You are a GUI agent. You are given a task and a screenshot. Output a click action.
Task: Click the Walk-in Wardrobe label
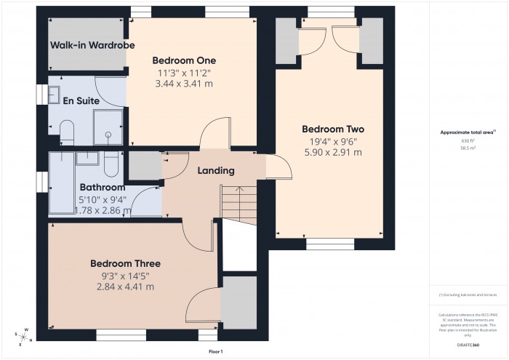[x=82, y=45]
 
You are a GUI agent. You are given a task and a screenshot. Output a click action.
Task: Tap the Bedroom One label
[x=184, y=60]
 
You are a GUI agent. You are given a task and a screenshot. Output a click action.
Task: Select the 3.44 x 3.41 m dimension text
[x=184, y=84]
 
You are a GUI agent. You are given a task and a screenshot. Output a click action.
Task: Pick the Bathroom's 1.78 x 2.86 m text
[x=103, y=211]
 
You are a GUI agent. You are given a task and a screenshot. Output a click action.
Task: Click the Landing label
[x=216, y=171]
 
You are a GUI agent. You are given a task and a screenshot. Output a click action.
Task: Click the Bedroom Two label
[x=332, y=129]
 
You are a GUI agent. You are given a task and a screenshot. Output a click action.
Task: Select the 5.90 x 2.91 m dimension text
[x=332, y=153]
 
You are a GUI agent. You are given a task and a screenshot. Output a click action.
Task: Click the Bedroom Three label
[x=125, y=263]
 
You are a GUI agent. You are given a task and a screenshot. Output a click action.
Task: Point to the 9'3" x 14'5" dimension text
[x=125, y=276]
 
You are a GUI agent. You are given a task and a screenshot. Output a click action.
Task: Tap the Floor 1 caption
[x=215, y=351]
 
